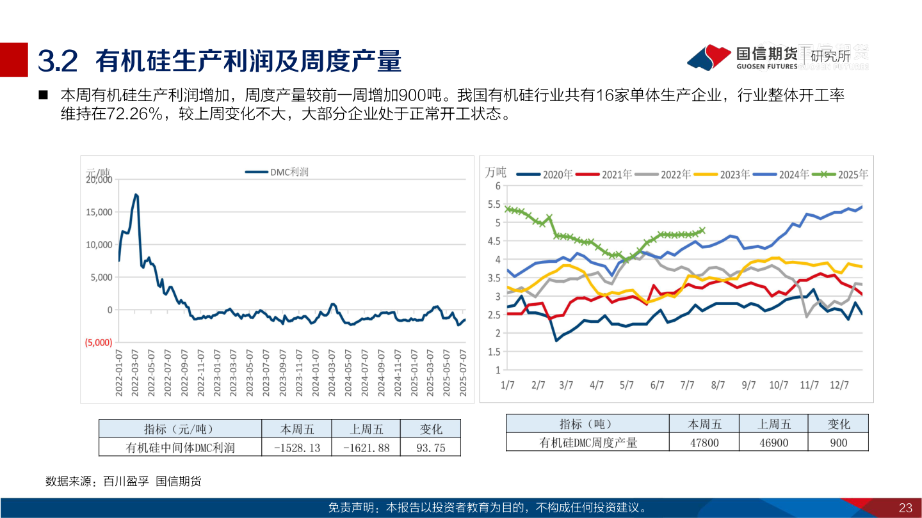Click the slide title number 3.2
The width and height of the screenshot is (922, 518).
[58, 61]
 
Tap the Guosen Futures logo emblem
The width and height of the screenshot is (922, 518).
[709, 58]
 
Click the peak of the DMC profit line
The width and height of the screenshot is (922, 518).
[135, 194]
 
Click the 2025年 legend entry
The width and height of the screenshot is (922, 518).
[840, 174]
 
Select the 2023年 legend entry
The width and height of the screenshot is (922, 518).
[722, 174]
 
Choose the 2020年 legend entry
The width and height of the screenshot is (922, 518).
[544, 174]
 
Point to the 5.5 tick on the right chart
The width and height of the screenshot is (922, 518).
[493, 205]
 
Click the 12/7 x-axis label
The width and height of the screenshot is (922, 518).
[839, 385]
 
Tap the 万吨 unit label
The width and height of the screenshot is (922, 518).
[496, 172]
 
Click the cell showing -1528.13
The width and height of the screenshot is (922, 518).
[296, 448]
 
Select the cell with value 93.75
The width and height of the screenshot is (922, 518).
[430, 448]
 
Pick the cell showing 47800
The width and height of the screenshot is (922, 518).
[704, 443]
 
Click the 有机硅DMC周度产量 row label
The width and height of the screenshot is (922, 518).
[588, 443]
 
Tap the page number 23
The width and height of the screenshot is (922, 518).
[905, 508]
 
